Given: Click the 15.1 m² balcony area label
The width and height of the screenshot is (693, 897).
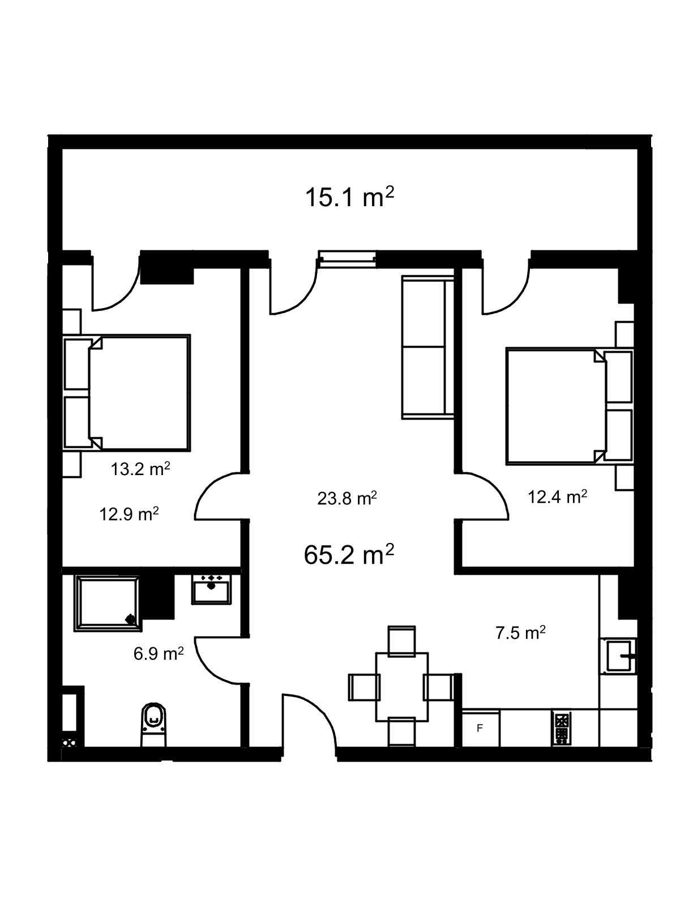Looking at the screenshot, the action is (349, 197).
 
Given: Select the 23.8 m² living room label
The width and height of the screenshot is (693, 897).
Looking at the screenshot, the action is (346, 498).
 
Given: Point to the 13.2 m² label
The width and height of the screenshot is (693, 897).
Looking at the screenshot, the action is (140, 469).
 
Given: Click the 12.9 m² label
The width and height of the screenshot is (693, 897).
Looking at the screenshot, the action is (129, 514).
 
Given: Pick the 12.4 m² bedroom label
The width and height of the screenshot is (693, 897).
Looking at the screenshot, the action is (558, 497).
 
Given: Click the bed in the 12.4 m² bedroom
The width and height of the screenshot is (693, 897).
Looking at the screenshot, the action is (570, 406).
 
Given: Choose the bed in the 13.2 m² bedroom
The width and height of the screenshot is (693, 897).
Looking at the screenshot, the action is (127, 392).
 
